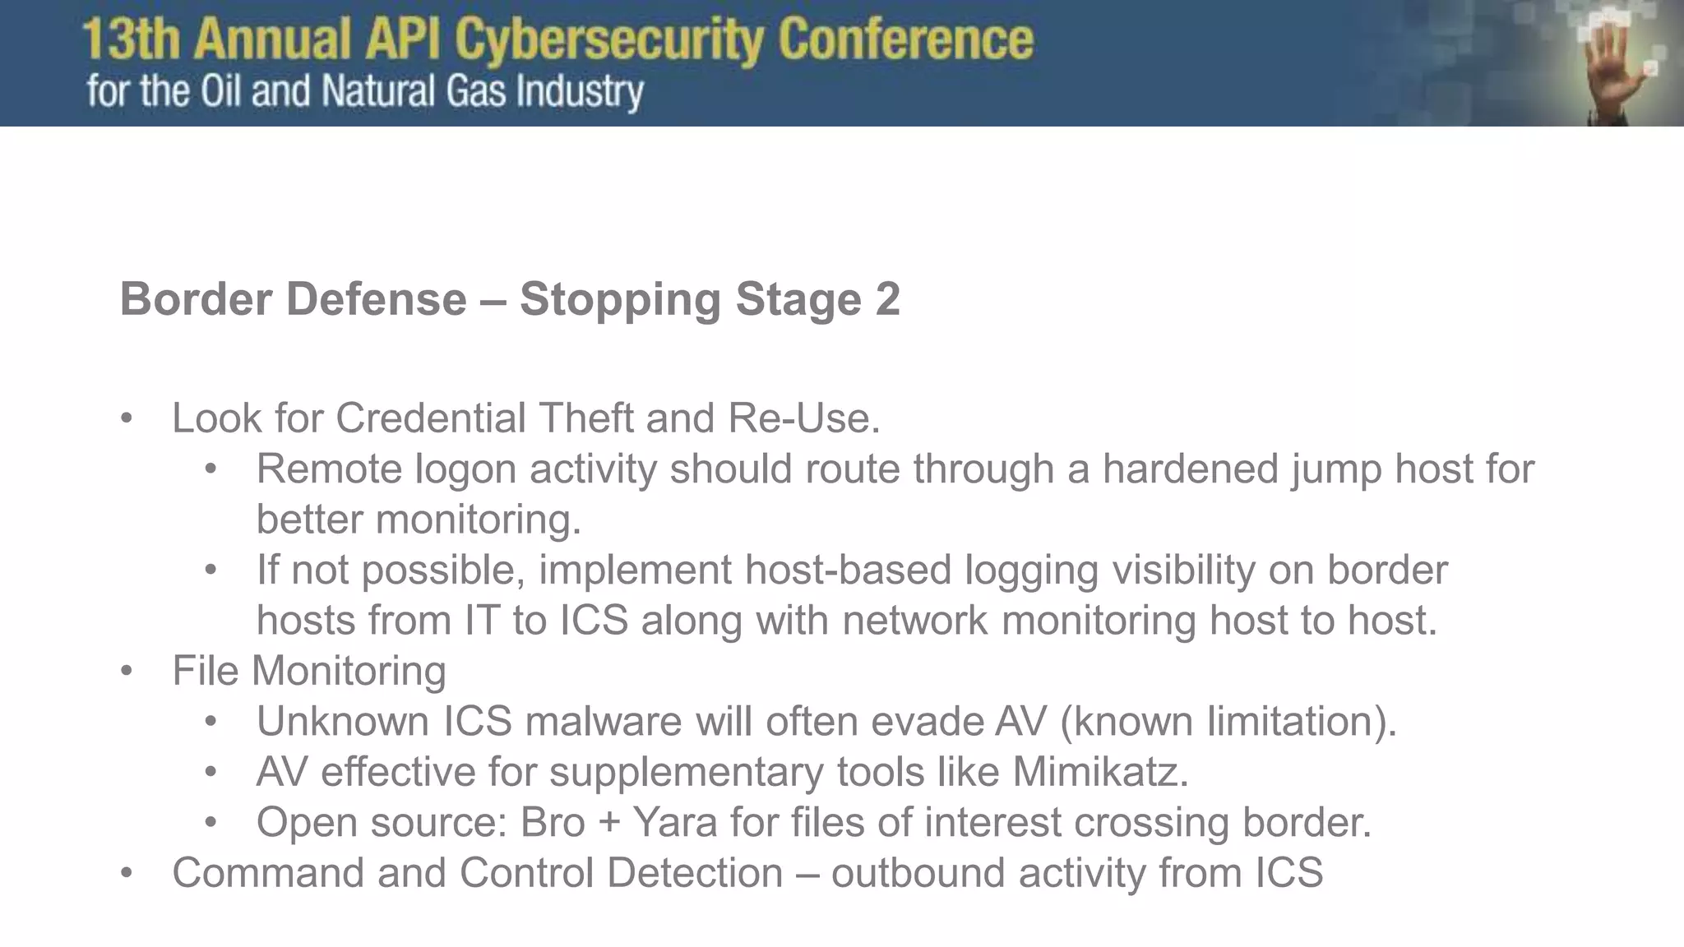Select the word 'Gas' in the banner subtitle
[x=476, y=90]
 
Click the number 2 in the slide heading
[x=887, y=298]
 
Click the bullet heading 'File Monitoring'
[x=309, y=671]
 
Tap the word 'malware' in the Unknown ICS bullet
[x=603, y=721]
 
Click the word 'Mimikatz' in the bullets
[x=1099, y=772]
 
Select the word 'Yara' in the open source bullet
[x=674, y=822]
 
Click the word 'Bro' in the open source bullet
[x=553, y=822]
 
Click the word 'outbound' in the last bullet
[x=918, y=872]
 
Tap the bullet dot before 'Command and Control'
[x=126, y=872]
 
